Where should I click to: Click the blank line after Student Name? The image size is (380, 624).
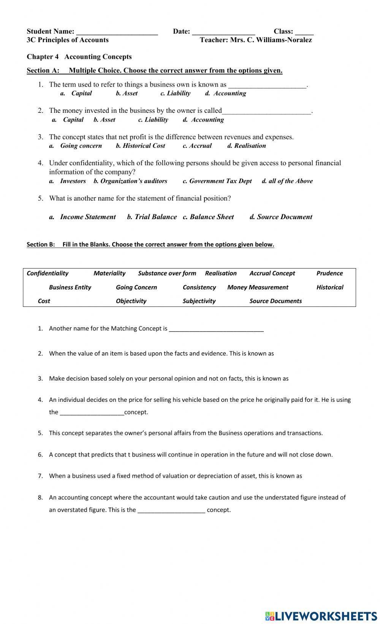pyautogui.click(x=117, y=33)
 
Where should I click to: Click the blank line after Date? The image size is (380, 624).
pyautogui.click(x=223, y=33)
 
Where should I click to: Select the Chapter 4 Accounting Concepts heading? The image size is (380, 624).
pyautogui.click(x=79, y=57)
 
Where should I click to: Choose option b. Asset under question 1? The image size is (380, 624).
pyautogui.click(x=127, y=93)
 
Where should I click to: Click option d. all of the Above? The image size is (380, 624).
pyautogui.click(x=287, y=181)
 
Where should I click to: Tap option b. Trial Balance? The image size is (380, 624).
pyautogui.click(x=152, y=217)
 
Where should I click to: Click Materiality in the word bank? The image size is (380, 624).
pyautogui.click(x=109, y=273)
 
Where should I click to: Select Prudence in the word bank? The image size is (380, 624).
pyautogui.click(x=329, y=273)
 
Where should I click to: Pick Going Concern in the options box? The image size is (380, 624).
pyautogui.click(x=136, y=287)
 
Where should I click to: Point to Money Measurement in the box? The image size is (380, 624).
pyautogui.click(x=258, y=287)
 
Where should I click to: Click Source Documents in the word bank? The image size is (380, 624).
pyautogui.click(x=275, y=301)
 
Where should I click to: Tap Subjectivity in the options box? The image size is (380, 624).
pyautogui.click(x=199, y=301)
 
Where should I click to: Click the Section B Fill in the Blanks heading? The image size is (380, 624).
pyautogui.click(x=150, y=245)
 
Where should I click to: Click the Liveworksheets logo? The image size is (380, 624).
pyautogui.click(x=321, y=616)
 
